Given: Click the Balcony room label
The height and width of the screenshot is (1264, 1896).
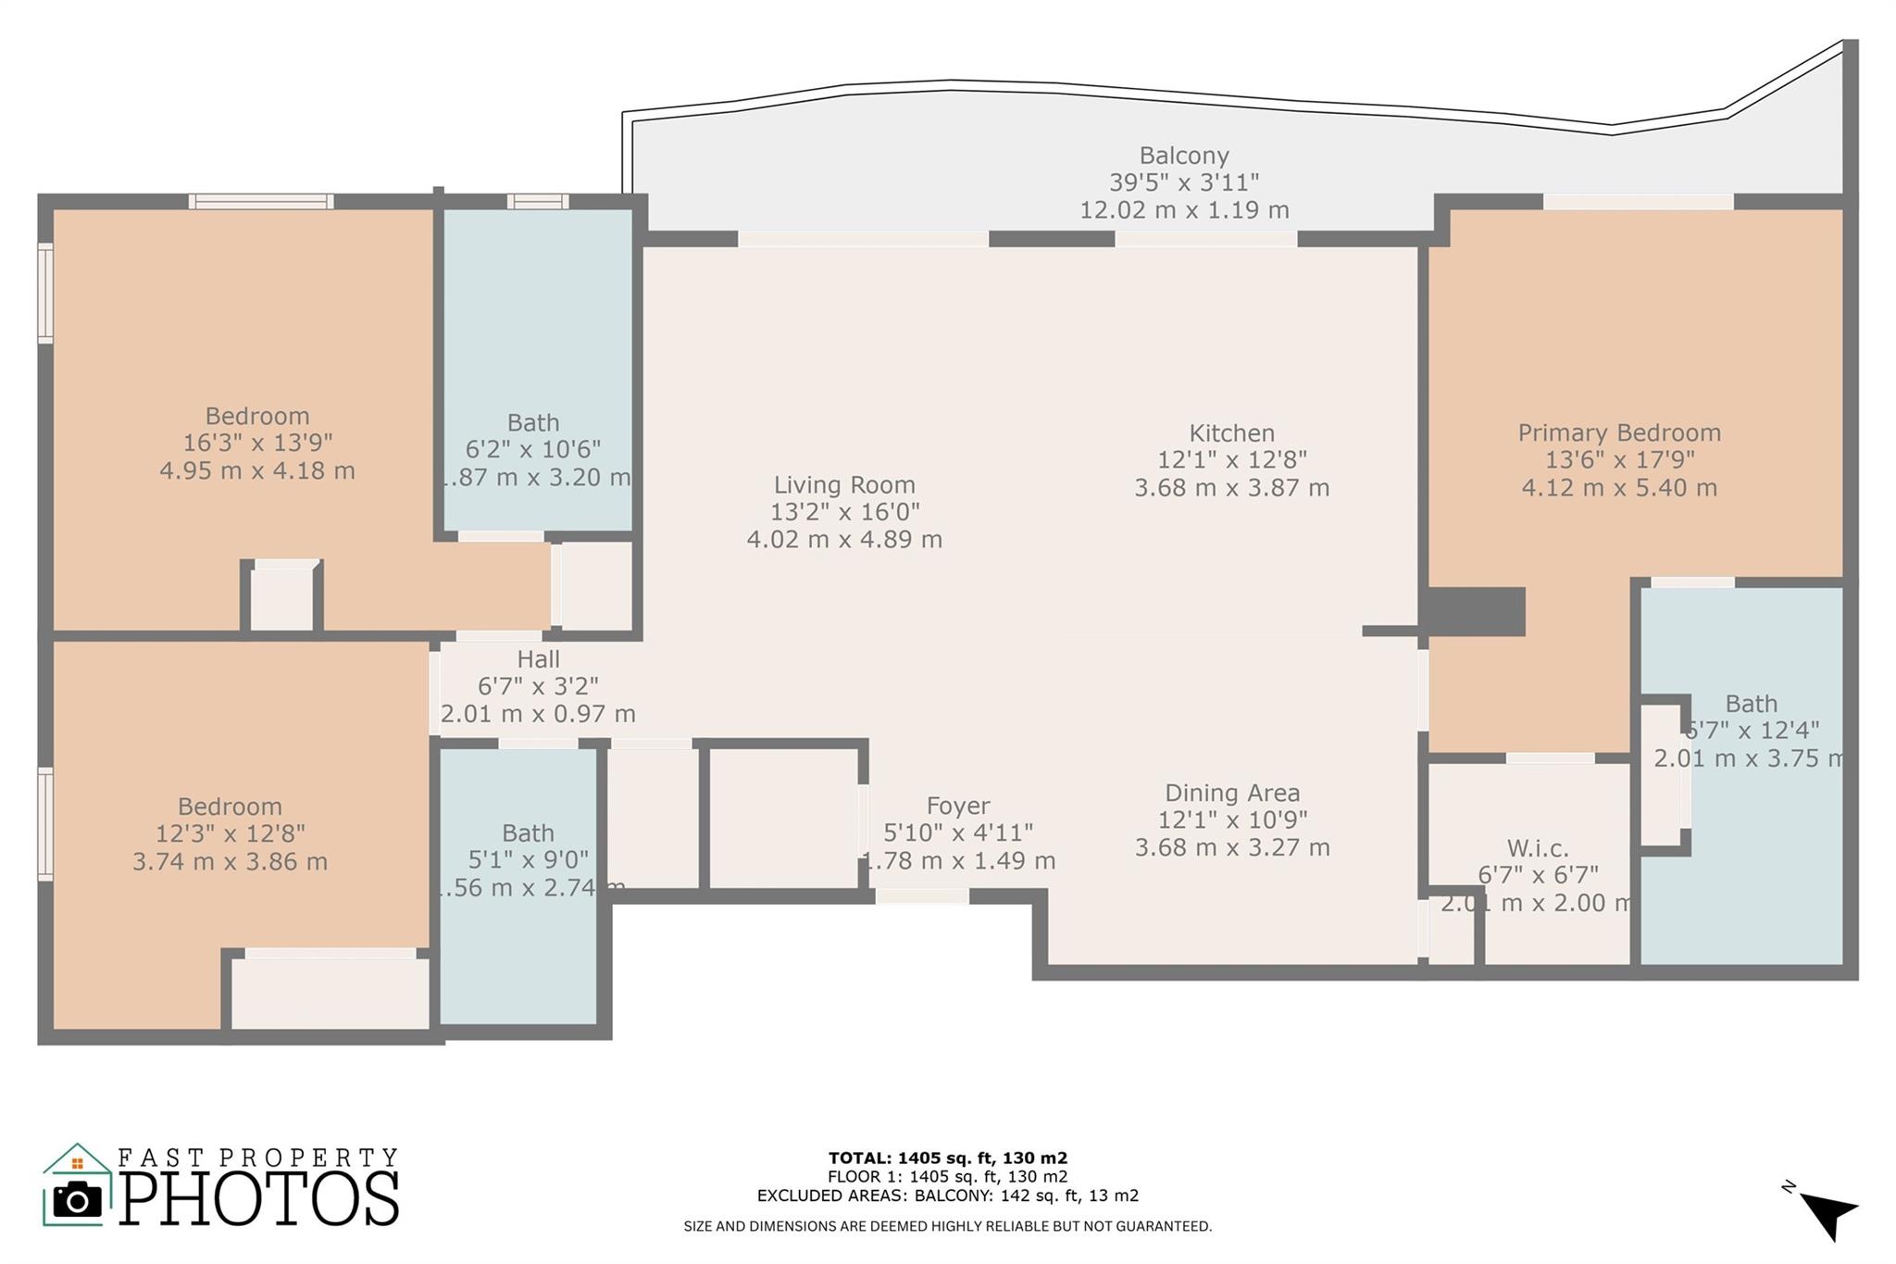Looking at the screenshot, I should (x=1183, y=156).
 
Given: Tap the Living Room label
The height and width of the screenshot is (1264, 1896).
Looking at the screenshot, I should (x=844, y=484).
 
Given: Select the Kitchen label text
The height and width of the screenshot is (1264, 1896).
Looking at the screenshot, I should (x=1231, y=433).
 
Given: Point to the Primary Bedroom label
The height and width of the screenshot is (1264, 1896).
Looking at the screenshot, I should (x=1618, y=432).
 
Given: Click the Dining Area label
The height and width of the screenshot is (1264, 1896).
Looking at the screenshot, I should (x=1231, y=793).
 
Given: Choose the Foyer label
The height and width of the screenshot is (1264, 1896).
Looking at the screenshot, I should (x=957, y=806).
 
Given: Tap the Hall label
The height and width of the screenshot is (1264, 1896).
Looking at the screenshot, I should (x=538, y=659).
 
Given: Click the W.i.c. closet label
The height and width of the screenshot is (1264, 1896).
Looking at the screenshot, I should (x=1537, y=848).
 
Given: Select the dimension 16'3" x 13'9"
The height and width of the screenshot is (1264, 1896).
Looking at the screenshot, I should (x=257, y=444).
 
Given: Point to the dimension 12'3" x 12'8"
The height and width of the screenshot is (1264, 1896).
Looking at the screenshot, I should (x=230, y=833).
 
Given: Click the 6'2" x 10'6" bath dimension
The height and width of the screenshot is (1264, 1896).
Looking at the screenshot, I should (x=533, y=450).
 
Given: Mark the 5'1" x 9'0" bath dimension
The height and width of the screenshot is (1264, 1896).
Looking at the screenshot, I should (x=528, y=860).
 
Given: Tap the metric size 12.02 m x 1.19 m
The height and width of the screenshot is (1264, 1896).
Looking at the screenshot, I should (x=1183, y=210).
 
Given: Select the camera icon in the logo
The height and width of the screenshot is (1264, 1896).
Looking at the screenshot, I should (x=77, y=1200).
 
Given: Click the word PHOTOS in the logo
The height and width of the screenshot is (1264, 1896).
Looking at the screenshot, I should (x=259, y=1199).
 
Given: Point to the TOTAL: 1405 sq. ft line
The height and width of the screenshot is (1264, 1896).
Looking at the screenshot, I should (x=947, y=1158).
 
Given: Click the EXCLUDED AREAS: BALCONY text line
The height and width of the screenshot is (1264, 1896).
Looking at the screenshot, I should (x=947, y=1195).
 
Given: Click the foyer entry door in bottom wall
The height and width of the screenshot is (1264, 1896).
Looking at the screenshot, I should (x=922, y=895).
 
